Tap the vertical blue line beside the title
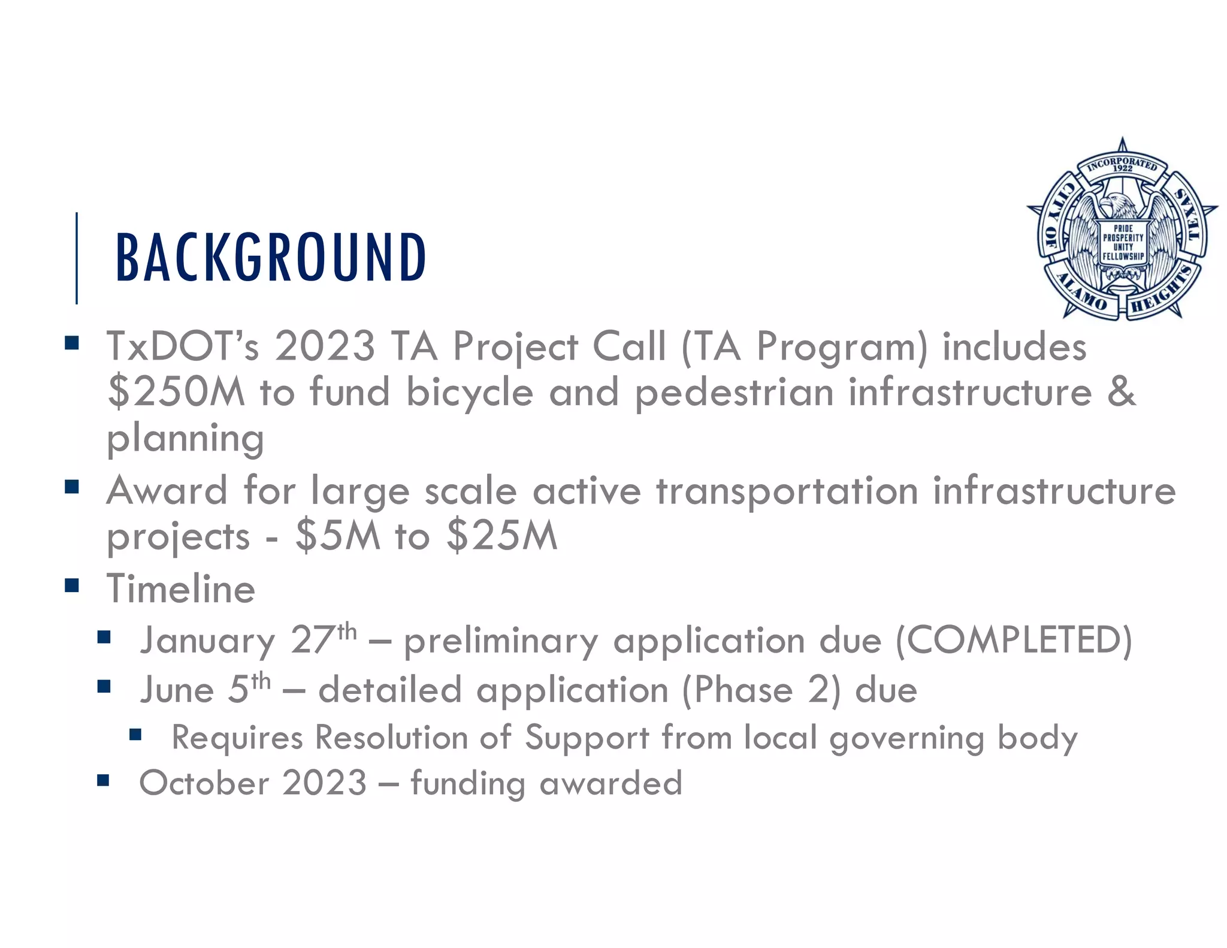point(77,258)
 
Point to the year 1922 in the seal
point(1122,169)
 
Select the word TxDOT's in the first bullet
point(183,346)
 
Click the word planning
point(185,439)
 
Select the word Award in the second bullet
point(167,491)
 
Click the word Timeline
point(181,588)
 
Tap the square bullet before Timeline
point(72,585)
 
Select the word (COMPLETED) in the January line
point(1013,640)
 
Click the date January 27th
point(248,640)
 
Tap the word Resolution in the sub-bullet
point(391,737)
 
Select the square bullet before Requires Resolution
point(135,735)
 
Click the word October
point(204,783)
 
